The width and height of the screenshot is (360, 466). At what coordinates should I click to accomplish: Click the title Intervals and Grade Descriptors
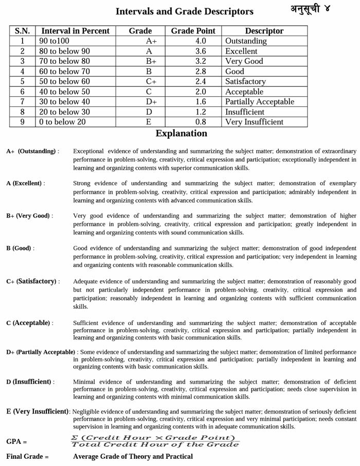184,11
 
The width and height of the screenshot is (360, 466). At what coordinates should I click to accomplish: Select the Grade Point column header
193,31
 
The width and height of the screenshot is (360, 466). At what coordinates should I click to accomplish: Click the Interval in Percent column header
75,31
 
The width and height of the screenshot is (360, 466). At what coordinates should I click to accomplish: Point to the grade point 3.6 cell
193,51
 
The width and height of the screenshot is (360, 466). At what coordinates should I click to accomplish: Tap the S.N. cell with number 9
22,122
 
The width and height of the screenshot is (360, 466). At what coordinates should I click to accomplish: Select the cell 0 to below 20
62,122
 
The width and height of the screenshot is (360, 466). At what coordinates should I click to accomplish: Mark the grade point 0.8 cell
193,122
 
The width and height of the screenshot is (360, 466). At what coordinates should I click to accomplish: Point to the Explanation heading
181,134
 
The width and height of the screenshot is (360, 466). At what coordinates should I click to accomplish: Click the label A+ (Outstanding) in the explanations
32,151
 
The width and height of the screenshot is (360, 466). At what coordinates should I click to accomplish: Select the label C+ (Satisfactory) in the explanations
33,281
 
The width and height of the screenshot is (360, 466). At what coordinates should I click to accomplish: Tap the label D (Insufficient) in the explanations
30,382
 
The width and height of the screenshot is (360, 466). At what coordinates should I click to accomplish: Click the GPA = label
16,441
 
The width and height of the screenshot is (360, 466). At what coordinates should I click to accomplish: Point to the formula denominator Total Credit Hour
154,444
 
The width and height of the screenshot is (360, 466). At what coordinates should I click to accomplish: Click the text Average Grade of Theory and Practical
133,456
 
